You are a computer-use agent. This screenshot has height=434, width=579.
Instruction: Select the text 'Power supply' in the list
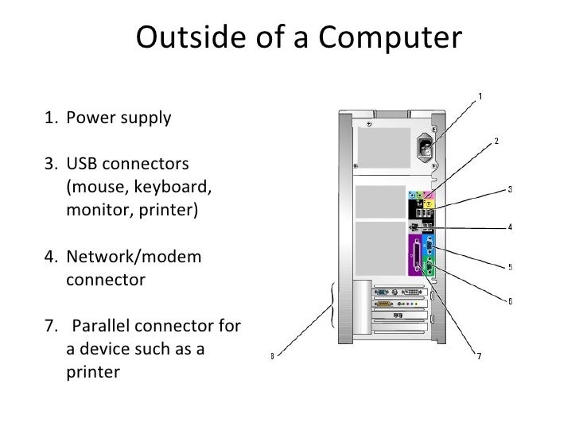pyautogui.click(x=119, y=118)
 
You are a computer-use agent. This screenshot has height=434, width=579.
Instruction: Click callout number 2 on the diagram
pyautogui.click(x=496, y=141)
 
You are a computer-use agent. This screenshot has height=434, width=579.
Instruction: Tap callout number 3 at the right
pyautogui.click(x=510, y=189)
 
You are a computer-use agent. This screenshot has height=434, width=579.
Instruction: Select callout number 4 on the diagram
pyautogui.click(x=510, y=227)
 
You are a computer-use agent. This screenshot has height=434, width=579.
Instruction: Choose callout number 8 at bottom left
pyautogui.click(x=273, y=356)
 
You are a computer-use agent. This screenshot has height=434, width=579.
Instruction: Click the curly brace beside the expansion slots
pyautogui.click(x=332, y=304)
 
